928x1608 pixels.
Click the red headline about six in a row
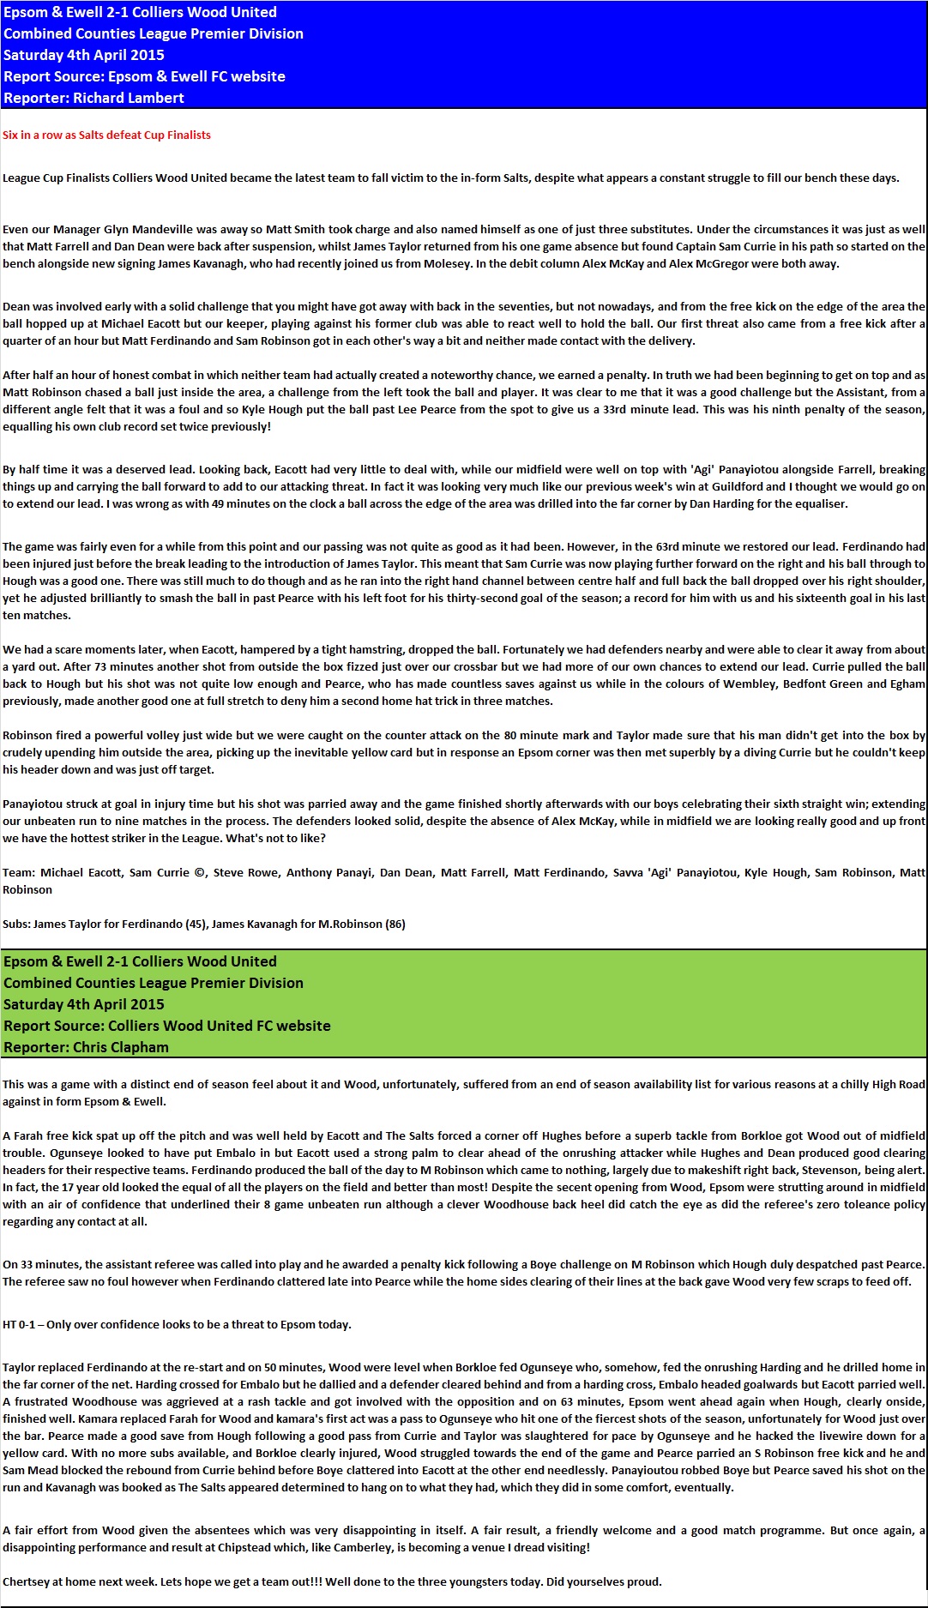tap(106, 135)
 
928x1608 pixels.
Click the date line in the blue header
tap(84, 55)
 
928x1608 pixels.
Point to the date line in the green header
tap(84, 1004)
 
